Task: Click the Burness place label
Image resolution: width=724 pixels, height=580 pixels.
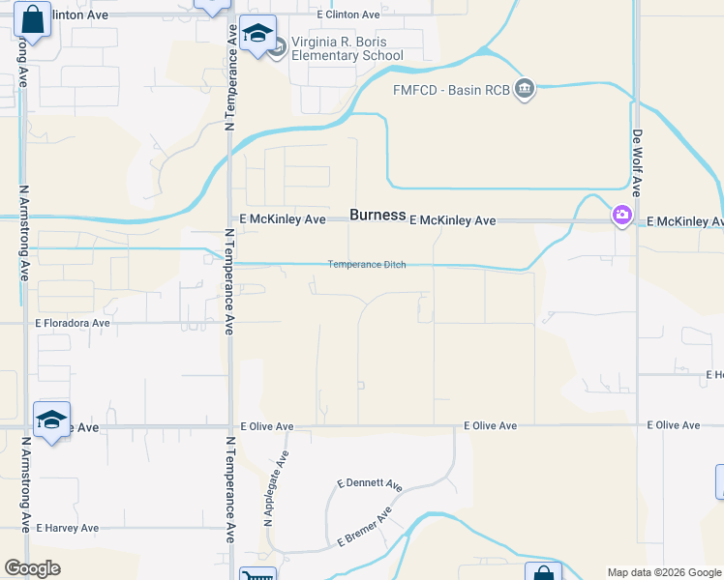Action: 377,215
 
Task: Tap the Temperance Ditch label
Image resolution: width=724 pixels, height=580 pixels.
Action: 366,265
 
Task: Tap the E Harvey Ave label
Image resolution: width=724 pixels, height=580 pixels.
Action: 68,529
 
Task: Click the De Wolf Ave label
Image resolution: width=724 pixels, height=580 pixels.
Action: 639,160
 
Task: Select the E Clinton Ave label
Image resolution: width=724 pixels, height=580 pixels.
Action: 348,15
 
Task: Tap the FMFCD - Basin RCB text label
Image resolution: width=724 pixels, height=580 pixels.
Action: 451,90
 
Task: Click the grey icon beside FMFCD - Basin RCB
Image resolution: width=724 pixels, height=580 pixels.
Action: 525,90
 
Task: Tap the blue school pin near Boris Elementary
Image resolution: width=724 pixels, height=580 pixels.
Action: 258,35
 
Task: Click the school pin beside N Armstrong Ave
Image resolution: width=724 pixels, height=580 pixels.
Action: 51,420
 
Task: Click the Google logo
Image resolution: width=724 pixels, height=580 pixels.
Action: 32,568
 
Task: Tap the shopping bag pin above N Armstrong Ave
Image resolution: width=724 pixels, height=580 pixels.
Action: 32,19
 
